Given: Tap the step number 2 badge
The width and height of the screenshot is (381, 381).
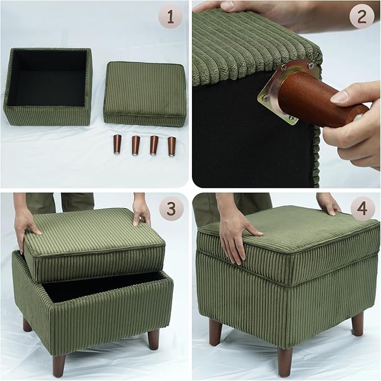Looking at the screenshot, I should point(361,17).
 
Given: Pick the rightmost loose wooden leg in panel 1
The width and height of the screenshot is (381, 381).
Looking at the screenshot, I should point(171,145).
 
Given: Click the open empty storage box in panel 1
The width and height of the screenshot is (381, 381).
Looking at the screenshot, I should point(48,87).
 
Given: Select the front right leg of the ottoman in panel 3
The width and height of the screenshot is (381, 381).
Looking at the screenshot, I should point(153,347).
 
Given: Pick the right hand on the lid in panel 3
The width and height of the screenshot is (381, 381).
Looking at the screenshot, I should point(141,212).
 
